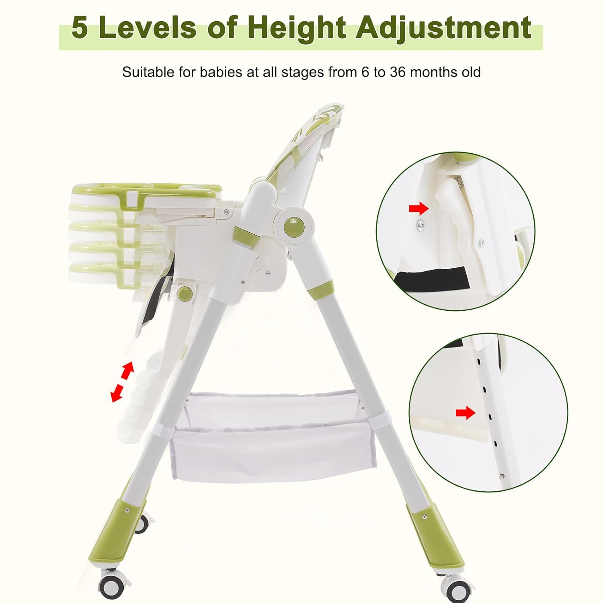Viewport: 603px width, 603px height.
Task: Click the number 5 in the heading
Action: point(80,28)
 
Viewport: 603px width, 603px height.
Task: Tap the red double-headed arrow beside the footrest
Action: point(122,381)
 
